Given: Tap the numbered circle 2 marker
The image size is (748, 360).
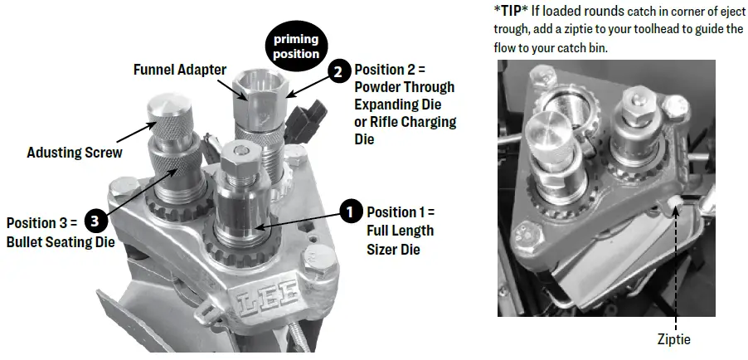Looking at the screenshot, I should click(x=338, y=72).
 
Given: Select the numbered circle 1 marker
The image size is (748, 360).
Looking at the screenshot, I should click(x=352, y=212).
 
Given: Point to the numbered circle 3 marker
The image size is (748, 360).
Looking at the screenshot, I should click(x=95, y=222).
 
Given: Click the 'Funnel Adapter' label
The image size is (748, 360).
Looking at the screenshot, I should click(x=179, y=71).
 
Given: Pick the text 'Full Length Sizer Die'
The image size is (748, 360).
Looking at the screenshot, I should click(x=400, y=230).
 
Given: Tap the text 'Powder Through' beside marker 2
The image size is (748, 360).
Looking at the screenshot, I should click(x=404, y=87).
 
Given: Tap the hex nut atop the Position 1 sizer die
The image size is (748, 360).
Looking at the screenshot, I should click(x=240, y=153).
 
